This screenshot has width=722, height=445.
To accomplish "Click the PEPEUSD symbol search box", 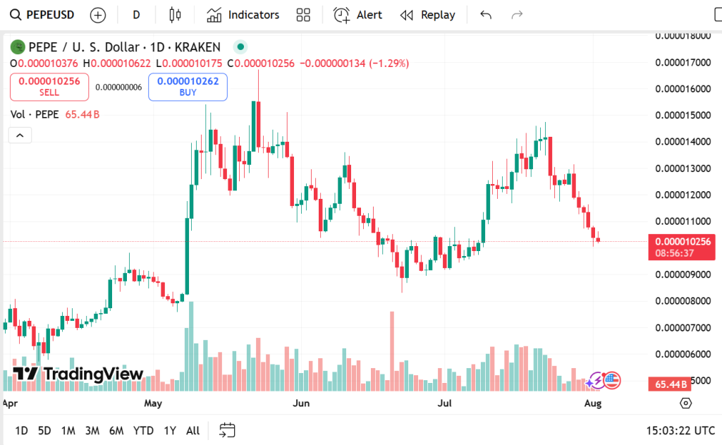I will pyautogui.click(x=42, y=15).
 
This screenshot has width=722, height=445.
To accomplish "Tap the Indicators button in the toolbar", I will pyautogui.click(x=243, y=15).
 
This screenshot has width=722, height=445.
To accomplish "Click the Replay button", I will pyautogui.click(x=428, y=15).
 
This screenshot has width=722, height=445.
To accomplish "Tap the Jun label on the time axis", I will pyautogui.click(x=301, y=404).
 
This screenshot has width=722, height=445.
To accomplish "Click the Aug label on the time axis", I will pyautogui.click(x=593, y=404).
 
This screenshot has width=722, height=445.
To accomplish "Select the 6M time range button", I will pyautogui.click(x=116, y=430).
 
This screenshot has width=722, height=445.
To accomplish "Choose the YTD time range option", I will pyautogui.click(x=143, y=430).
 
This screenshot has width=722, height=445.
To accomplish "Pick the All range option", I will pyautogui.click(x=192, y=430).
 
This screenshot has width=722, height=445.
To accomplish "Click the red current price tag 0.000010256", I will pyautogui.click(x=681, y=241).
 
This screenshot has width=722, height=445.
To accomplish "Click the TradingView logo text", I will pyautogui.click(x=78, y=374).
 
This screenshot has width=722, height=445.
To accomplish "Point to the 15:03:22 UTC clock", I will pyautogui.click(x=680, y=430).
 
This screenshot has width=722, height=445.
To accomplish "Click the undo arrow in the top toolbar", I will pyautogui.click(x=485, y=15).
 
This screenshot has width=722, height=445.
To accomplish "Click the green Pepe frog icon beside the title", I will pyautogui.click(x=17, y=47).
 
